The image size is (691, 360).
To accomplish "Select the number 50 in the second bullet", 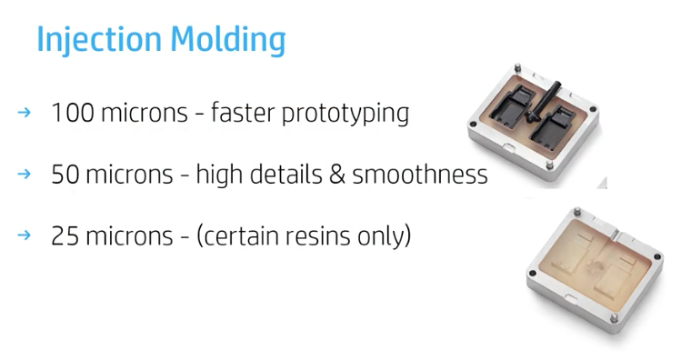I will click(65, 175).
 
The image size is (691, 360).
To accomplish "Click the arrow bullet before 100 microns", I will click(25, 113).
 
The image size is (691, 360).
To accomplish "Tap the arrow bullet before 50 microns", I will click(25, 175).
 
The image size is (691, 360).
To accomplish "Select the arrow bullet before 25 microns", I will click(25, 236).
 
